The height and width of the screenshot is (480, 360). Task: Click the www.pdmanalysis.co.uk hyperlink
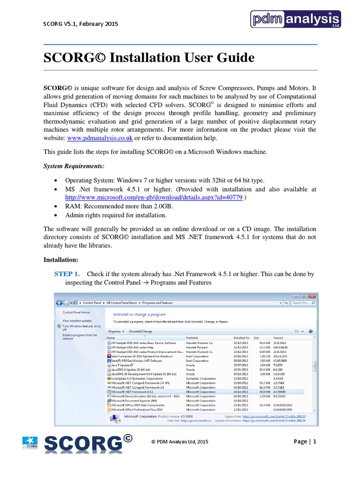99,138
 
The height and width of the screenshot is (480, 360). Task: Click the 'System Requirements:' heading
74,166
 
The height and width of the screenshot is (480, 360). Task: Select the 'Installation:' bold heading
61,259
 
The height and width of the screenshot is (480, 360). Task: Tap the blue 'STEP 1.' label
67,273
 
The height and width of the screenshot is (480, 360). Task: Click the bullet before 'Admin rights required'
57,215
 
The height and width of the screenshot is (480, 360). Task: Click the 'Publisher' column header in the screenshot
192,337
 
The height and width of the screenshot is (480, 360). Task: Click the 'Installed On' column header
241,337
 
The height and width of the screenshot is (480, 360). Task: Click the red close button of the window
312,296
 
